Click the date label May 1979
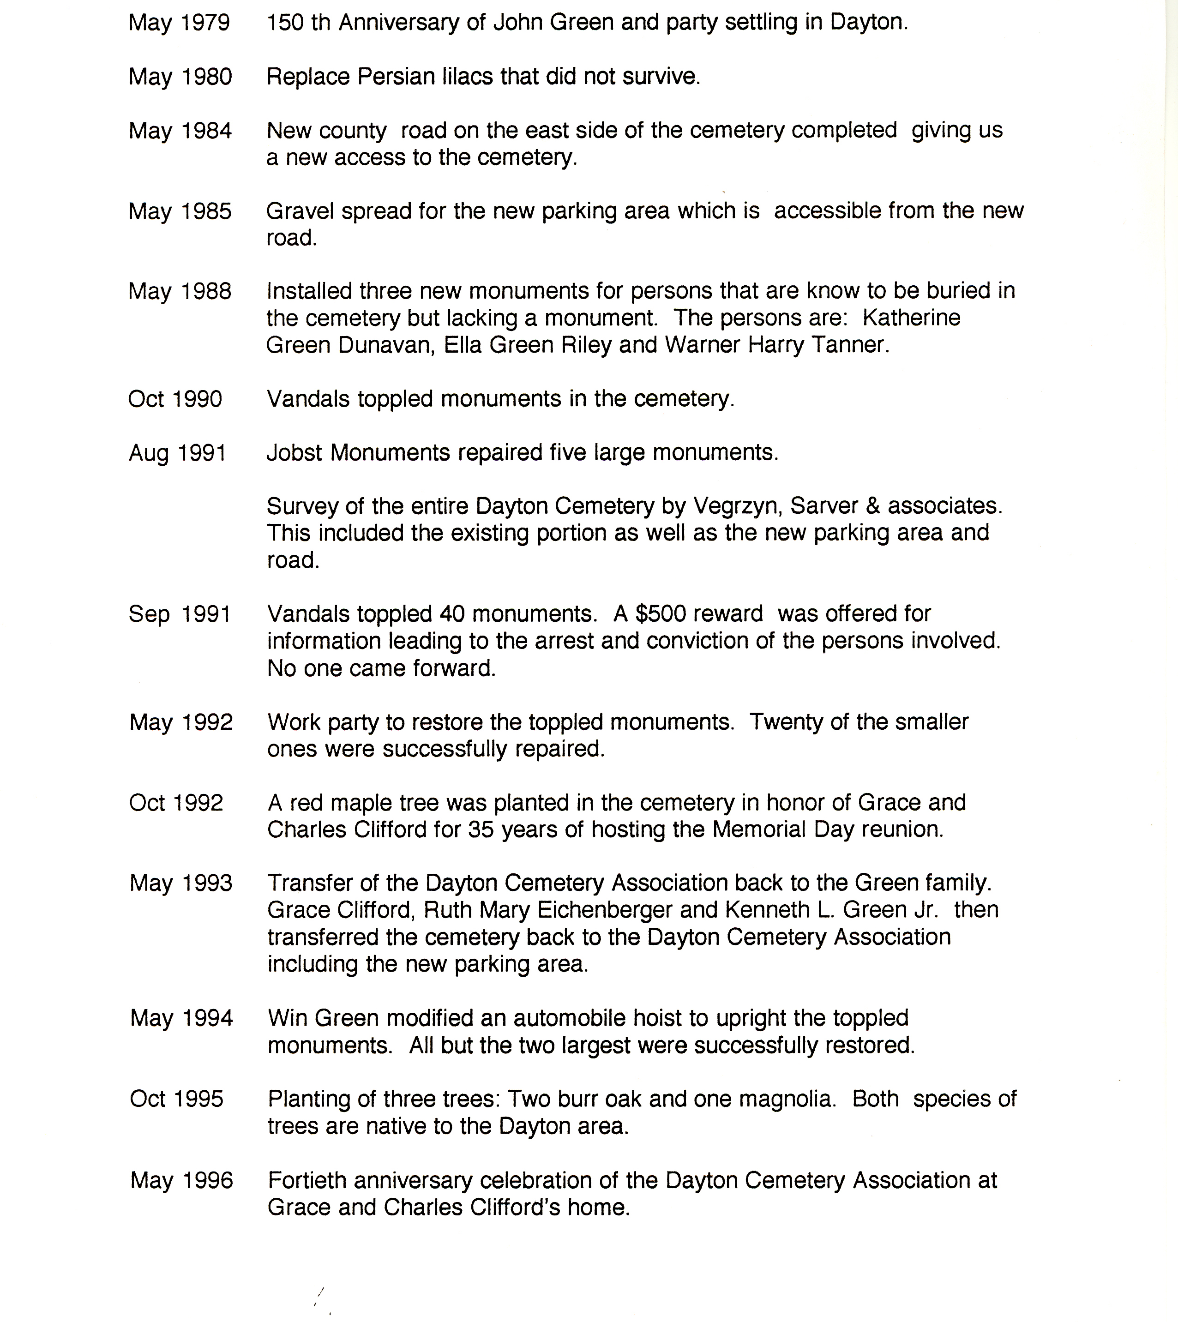point(179,23)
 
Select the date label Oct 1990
point(175,399)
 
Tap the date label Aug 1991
point(177,453)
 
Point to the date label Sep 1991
point(179,614)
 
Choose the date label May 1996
point(181,1180)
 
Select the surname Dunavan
point(385,345)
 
